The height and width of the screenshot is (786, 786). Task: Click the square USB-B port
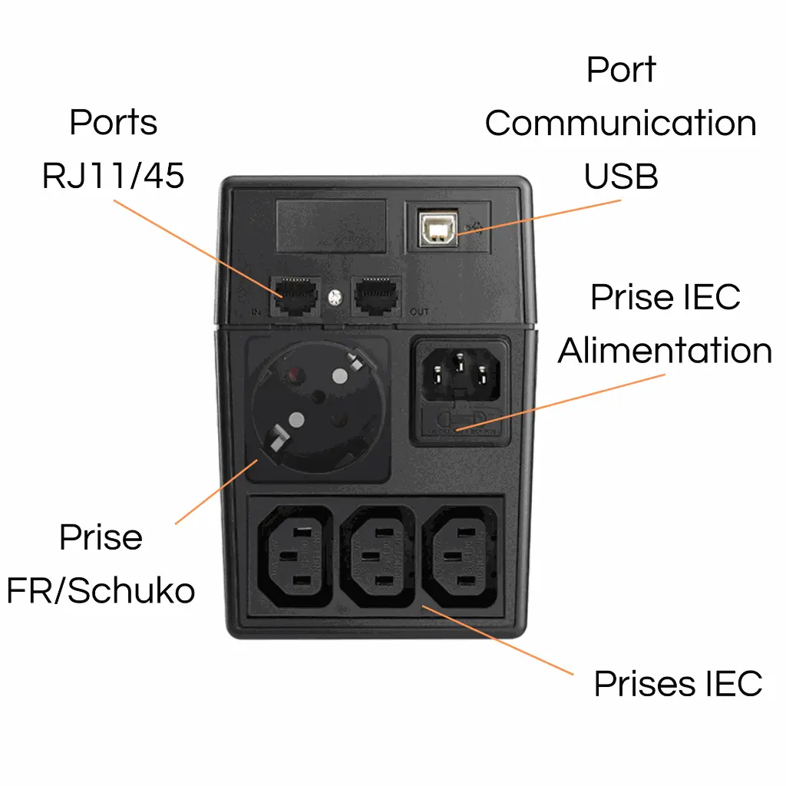tap(438, 227)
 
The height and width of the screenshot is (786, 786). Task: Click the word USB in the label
tap(620, 177)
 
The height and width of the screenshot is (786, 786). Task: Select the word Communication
tap(620, 124)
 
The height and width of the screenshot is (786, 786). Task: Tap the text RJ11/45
tap(113, 176)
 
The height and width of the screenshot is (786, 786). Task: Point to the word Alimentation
tap(665, 351)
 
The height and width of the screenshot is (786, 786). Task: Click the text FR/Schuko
tap(101, 591)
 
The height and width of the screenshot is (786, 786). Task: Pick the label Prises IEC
tap(678, 683)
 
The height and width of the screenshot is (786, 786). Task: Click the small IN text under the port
tap(257, 312)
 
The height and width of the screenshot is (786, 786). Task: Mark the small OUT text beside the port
tap(420, 312)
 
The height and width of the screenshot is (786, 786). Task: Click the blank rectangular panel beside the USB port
tap(330, 226)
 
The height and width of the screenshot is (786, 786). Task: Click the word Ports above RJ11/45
tap(113, 123)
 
